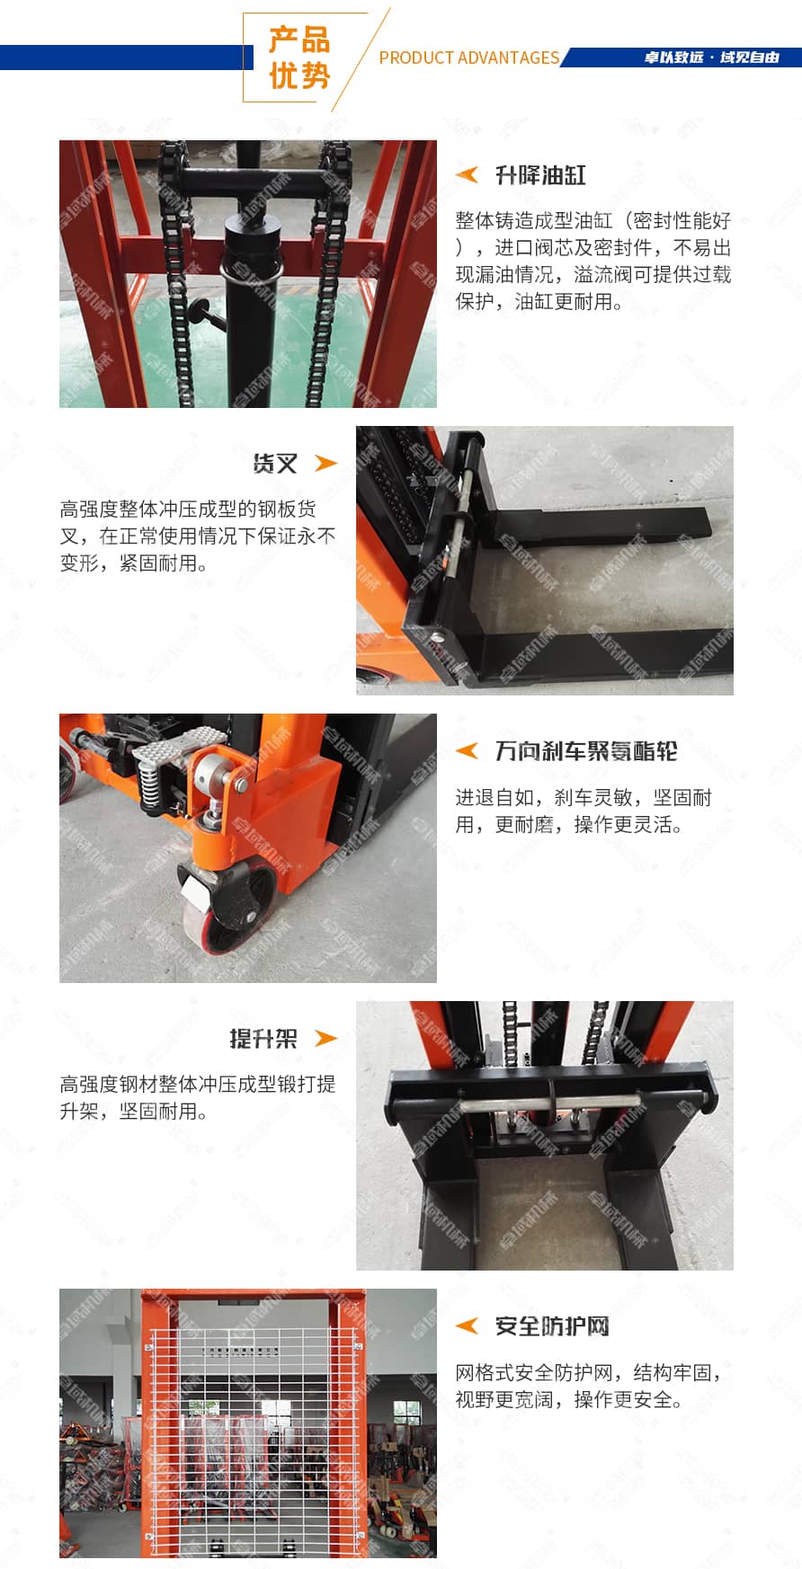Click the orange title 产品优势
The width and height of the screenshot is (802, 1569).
click(299, 58)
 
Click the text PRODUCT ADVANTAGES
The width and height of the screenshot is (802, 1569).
click(468, 58)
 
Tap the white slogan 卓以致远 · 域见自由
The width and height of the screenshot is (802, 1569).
click(711, 58)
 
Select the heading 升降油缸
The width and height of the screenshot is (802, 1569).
click(540, 175)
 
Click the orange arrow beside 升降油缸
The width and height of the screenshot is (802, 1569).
click(467, 174)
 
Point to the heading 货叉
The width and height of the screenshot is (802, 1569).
click(275, 463)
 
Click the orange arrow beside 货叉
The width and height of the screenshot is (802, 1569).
click(325, 463)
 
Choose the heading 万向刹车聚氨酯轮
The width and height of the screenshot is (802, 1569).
click(586, 750)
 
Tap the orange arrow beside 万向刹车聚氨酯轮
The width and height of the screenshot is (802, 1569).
click(467, 749)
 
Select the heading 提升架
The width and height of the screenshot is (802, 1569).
click(263, 1038)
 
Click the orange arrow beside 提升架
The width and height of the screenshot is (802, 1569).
click(325, 1038)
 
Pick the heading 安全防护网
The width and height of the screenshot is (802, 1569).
click(552, 1325)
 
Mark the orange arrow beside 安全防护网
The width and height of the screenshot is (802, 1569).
click(467, 1325)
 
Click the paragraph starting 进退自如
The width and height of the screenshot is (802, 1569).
click(584, 811)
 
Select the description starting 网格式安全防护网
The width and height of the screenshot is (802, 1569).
click(589, 1386)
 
